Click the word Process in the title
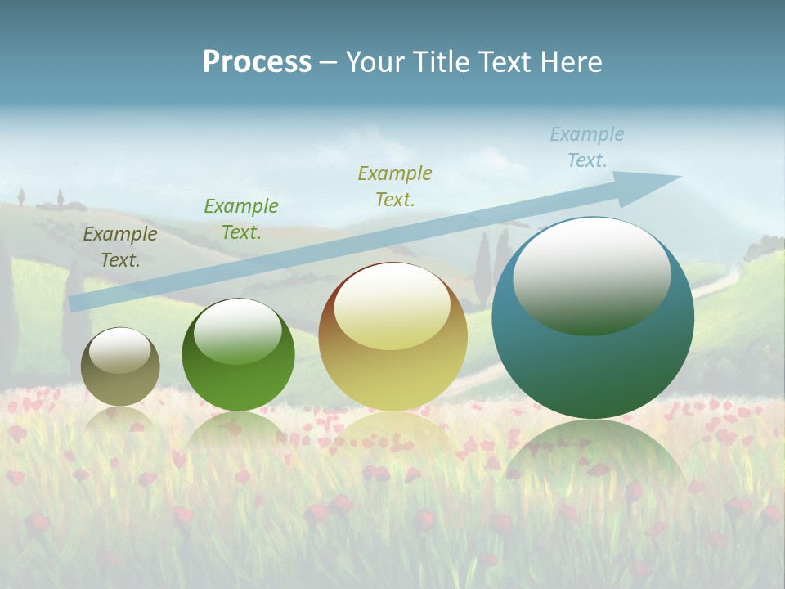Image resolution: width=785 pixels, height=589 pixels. pos(257,62)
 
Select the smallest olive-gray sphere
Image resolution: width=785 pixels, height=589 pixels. pos(120,366)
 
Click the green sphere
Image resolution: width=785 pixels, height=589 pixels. pos(238,355)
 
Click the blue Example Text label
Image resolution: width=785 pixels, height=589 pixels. pos(587,147)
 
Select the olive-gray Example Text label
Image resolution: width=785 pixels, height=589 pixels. pos(120,247)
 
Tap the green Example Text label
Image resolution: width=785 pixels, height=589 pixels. pos(241,219)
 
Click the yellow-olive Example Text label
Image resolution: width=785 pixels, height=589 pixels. pos(395,186)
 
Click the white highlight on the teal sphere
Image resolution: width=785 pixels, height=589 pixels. pos(591,277)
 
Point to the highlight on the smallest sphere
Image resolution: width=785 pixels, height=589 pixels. pos(120,351)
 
